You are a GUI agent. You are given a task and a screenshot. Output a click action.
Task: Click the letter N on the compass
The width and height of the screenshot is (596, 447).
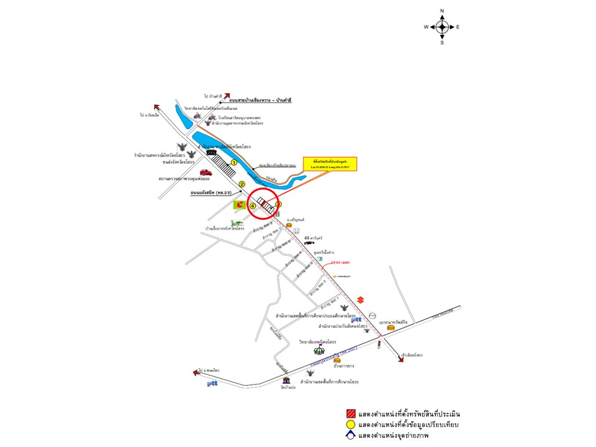point(442,11)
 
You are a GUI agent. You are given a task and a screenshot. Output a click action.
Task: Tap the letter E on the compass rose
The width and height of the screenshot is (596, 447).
point(458,27)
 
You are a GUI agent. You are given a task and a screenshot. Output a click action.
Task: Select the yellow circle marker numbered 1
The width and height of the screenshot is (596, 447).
point(234,162)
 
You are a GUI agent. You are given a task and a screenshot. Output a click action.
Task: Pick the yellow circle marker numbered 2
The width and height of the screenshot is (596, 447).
point(243,184)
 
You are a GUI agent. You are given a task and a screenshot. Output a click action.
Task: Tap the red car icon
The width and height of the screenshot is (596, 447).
point(205,173)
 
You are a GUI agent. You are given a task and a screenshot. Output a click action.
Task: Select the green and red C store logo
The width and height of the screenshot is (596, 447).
point(239,204)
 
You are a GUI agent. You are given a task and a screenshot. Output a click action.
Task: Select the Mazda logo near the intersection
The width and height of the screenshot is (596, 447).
point(372,315)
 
